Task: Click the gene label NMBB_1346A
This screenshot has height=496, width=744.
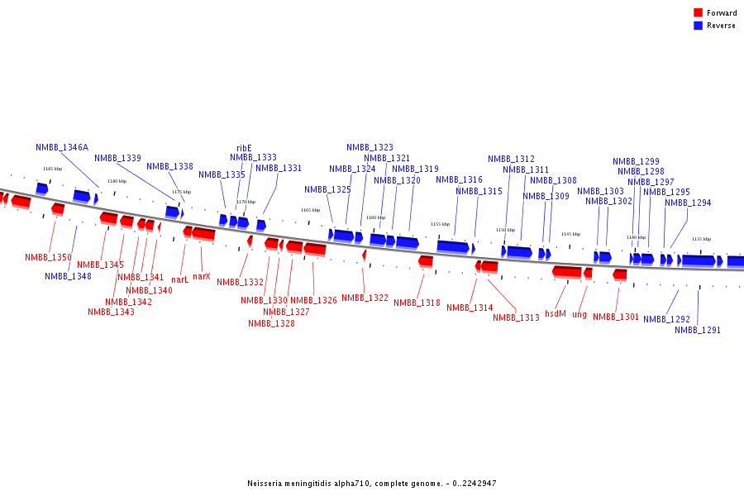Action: click(62, 147)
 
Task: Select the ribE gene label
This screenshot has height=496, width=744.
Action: click(244, 149)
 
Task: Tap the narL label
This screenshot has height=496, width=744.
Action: click(179, 279)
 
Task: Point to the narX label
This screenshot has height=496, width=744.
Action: click(201, 276)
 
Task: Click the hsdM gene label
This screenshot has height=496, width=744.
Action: click(556, 314)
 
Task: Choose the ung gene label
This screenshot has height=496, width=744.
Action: click(579, 314)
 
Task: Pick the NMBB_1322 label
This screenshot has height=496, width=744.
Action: click(365, 298)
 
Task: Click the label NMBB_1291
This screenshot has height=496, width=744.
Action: click(698, 330)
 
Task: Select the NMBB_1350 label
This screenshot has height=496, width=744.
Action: click(48, 257)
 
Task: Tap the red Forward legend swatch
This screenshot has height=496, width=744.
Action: click(698, 12)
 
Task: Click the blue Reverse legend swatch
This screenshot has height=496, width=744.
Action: click(698, 26)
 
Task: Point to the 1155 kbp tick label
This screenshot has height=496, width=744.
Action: click(440, 224)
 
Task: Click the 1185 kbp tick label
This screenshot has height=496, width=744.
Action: click(52, 169)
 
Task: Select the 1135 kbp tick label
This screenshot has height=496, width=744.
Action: click(701, 239)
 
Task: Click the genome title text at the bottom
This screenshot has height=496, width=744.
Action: click(371, 484)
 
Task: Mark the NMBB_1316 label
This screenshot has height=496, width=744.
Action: click(459, 179)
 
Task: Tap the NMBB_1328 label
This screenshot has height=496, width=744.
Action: click(271, 323)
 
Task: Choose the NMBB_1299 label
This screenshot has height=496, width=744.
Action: click(636, 161)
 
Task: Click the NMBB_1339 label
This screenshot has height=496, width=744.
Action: click(117, 158)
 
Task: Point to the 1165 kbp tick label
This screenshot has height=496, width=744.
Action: click(310, 210)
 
